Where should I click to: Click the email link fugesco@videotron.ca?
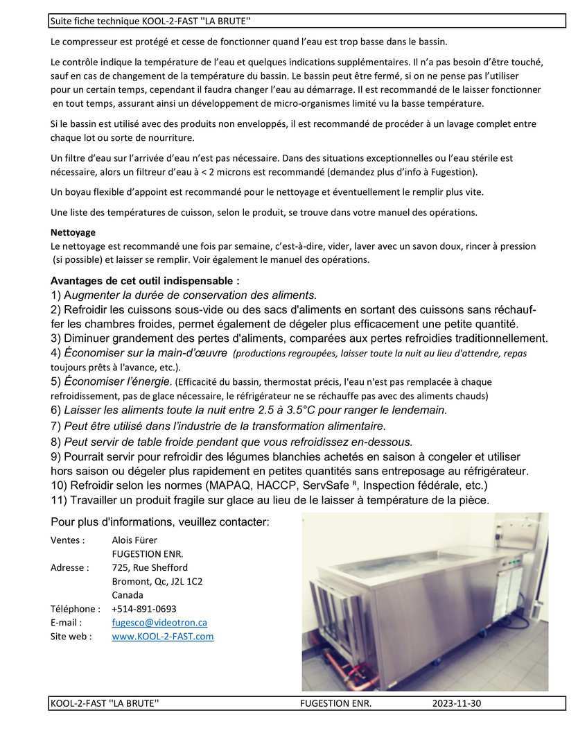click(159, 623)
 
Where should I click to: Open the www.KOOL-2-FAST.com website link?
click(162, 636)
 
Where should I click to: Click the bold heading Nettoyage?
click(73, 232)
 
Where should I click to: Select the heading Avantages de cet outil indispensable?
click(145, 282)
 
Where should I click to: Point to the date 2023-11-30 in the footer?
click(456, 703)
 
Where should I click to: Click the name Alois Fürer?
click(134, 540)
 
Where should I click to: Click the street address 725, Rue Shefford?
click(149, 567)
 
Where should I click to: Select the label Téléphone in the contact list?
click(73, 609)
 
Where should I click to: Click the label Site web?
click(71, 636)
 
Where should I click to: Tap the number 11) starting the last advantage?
click(59, 500)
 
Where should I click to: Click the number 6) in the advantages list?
click(56, 410)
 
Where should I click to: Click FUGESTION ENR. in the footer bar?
click(336, 703)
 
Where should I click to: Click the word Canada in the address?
click(128, 595)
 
